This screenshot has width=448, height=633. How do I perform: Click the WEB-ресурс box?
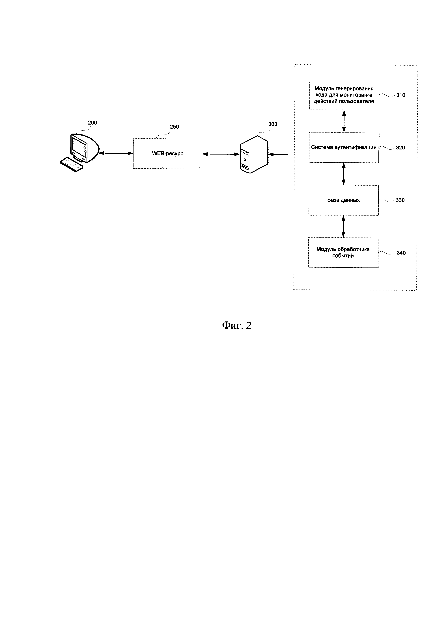point(167,154)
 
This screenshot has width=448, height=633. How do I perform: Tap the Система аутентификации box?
point(344,147)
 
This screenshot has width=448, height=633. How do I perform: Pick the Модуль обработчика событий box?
point(343,252)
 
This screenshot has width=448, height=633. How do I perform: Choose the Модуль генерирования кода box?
point(344,95)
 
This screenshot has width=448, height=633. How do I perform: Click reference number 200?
point(92,123)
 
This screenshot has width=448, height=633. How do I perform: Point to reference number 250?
point(174,127)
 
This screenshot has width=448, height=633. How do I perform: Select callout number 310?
point(400,95)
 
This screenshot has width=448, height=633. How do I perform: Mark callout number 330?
point(400,200)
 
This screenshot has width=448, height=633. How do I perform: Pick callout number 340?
point(401,253)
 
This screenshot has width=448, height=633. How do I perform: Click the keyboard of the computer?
point(71,164)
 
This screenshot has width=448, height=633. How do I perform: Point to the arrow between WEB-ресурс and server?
point(221,154)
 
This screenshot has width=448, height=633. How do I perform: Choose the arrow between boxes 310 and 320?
point(344,121)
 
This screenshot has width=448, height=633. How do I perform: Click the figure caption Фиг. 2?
point(237,325)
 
